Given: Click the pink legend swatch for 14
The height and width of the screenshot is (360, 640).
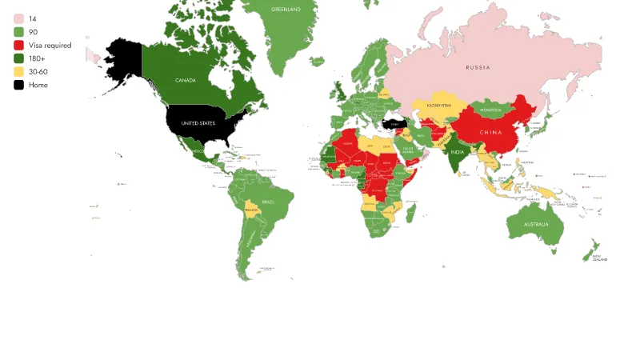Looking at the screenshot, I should tap(18, 18).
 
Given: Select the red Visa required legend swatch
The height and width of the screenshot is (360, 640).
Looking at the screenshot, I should tap(18, 45).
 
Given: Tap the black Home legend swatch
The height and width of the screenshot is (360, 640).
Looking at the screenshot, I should tap(18, 85).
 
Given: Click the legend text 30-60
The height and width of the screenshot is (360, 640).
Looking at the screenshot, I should tap(38, 71).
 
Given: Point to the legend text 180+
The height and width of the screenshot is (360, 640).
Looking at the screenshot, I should tap(36, 58).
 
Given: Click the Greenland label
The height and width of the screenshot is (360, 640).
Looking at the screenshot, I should tap(286, 10).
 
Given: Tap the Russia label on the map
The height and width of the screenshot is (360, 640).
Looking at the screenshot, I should tap(478, 68).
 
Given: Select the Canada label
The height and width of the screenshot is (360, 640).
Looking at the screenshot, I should tap(186, 81).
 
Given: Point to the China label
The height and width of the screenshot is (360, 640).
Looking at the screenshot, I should tap(490, 132).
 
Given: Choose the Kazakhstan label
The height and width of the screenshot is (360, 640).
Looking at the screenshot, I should tap(439, 106).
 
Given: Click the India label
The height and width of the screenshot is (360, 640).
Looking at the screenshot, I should tap(456, 152).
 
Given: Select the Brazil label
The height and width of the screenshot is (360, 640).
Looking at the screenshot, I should tap(267, 202).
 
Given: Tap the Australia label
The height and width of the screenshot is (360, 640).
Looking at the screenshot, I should tap(536, 225).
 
